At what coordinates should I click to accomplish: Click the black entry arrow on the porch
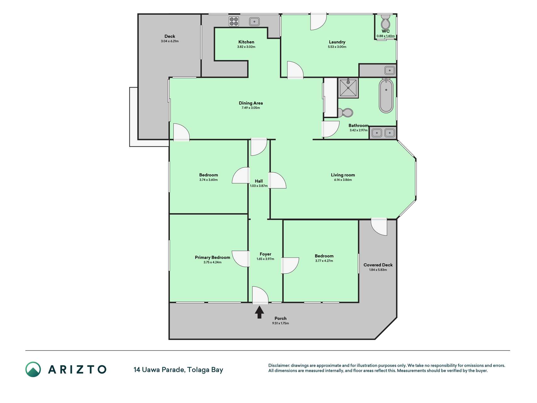(259, 312)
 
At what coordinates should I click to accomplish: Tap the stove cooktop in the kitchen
(234, 21)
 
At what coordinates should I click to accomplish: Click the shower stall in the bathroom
(348, 88)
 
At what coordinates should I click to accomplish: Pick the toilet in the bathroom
(345, 112)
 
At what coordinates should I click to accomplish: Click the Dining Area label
(251, 103)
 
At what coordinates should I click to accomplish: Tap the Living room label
(343, 175)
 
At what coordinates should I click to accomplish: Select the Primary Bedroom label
(212, 258)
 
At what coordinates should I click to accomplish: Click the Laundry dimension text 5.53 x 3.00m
(337, 47)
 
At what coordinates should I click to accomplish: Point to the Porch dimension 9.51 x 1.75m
(281, 323)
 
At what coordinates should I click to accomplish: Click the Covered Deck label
(378, 265)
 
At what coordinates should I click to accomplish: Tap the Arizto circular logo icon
(33, 369)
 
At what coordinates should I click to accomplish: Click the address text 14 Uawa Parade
(159, 370)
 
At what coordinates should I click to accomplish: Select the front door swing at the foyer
(260, 295)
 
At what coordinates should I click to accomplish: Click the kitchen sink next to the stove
(254, 21)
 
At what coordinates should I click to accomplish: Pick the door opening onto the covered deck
(379, 226)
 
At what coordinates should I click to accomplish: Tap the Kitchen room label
(246, 42)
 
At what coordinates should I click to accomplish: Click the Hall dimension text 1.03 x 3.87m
(259, 186)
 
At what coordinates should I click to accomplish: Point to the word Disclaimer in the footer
(279, 366)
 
